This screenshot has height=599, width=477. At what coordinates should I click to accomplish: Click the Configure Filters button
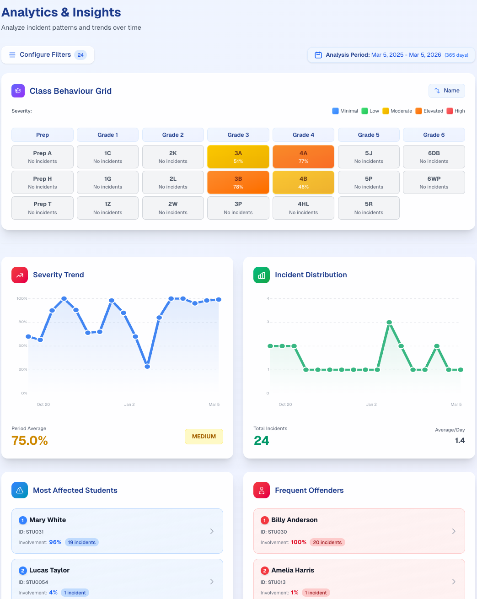(48, 55)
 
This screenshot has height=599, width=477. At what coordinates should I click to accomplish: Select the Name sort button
(447, 91)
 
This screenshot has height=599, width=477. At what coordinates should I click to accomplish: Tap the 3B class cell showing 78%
(238, 182)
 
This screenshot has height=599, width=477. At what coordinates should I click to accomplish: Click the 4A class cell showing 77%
(303, 156)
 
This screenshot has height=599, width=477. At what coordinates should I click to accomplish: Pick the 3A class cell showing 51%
(238, 156)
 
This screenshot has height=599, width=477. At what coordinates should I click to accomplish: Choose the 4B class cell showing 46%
(303, 182)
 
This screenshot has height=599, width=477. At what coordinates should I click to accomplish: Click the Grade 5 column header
(369, 135)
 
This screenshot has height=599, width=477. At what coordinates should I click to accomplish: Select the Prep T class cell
(43, 208)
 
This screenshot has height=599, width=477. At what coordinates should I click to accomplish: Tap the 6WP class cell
(434, 182)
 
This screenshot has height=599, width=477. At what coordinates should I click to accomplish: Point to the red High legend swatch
(450, 111)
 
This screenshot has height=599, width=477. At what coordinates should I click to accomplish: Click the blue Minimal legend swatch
(335, 111)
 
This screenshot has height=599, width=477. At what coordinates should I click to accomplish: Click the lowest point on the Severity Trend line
(147, 367)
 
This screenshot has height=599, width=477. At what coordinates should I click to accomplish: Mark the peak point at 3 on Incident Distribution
(389, 322)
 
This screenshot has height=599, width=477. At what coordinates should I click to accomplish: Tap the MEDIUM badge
(204, 437)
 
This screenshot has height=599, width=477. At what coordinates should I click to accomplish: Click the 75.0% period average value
(30, 440)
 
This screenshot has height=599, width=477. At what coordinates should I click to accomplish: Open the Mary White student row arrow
(212, 531)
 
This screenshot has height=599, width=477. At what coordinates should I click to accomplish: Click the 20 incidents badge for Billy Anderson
(327, 542)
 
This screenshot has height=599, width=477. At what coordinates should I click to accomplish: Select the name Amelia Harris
(293, 570)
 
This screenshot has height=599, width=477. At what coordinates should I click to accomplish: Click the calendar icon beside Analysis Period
(318, 55)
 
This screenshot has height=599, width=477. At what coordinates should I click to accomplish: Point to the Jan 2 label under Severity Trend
(129, 405)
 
